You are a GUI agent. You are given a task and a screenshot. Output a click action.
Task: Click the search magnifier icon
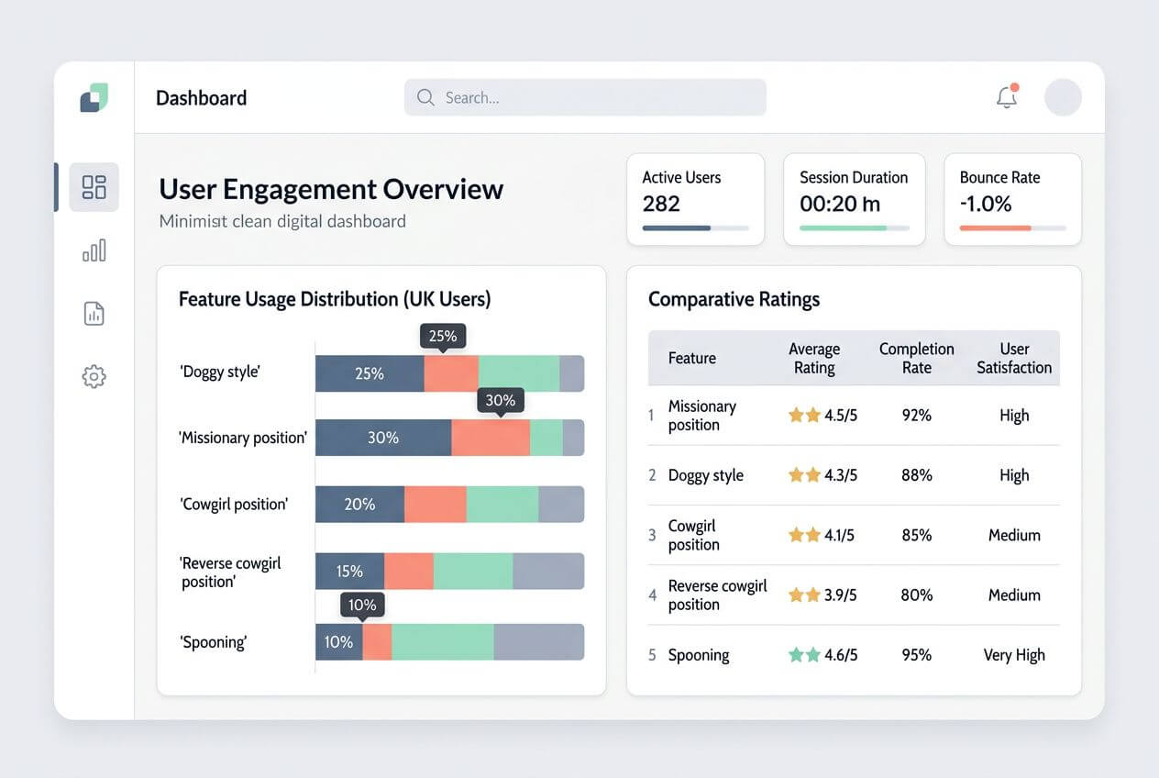[425, 97]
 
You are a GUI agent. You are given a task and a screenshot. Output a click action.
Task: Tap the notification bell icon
[1007, 96]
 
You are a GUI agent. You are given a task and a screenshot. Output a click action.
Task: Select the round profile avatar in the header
[1063, 97]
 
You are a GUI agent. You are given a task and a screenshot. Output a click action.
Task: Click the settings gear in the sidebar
[94, 376]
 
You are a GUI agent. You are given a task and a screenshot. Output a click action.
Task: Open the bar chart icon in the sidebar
[94, 250]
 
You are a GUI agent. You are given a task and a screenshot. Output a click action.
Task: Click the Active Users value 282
[661, 204]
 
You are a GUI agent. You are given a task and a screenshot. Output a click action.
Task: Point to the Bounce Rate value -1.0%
[986, 204]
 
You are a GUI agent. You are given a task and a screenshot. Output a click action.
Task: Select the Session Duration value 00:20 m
[840, 204]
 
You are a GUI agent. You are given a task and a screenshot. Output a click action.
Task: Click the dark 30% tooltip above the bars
[500, 400]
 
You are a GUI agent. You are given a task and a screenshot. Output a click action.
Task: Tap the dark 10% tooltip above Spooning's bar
[362, 605]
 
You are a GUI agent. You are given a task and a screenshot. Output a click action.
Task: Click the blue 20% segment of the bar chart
[359, 505]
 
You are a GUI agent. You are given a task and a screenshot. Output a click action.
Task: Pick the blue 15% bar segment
[349, 571]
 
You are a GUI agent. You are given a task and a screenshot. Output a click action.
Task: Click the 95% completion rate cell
[916, 655]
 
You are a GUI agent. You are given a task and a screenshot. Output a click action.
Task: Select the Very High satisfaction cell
[1014, 655]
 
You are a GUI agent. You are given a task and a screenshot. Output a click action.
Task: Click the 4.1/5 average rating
[839, 535]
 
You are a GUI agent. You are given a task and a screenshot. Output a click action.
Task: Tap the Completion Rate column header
[916, 358]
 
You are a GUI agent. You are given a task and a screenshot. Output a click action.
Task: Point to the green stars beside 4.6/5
[804, 655]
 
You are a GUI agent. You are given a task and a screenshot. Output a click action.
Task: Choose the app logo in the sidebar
[94, 97]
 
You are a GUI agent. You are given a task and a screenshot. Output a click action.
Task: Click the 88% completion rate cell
[916, 475]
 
